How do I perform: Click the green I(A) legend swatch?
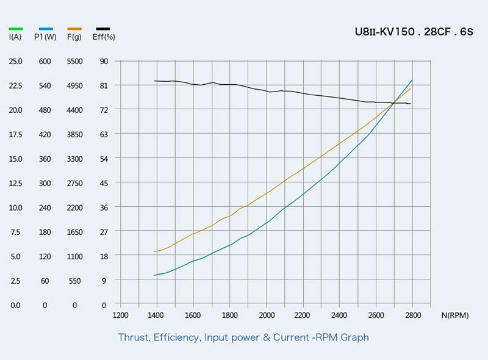click(16, 29)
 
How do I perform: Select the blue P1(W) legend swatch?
click(45, 29)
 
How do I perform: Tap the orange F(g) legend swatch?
click(74, 29)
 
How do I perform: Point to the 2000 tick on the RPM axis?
click(267, 315)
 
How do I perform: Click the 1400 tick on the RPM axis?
click(157, 315)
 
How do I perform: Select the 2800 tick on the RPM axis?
click(413, 315)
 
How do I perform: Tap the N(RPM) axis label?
click(456, 315)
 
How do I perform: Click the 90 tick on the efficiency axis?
click(104, 61)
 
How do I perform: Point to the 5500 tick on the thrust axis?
click(74, 61)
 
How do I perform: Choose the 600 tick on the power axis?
click(45, 61)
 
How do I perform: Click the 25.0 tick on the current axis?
click(16, 61)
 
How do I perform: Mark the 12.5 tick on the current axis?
click(16, 183)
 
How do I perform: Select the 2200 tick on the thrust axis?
click(74, 207)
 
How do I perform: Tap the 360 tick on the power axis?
click(45, 159)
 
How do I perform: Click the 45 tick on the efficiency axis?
click(104, 183)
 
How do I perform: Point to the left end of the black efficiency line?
click(155, 81)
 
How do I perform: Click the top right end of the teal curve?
click(412, 80)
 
